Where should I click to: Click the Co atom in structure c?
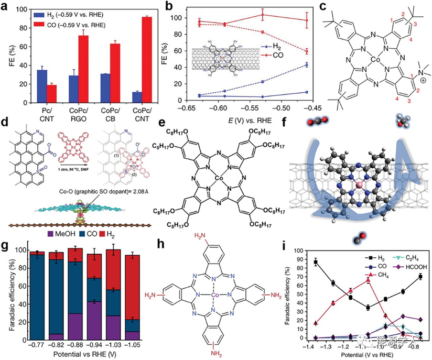(365, 62)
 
